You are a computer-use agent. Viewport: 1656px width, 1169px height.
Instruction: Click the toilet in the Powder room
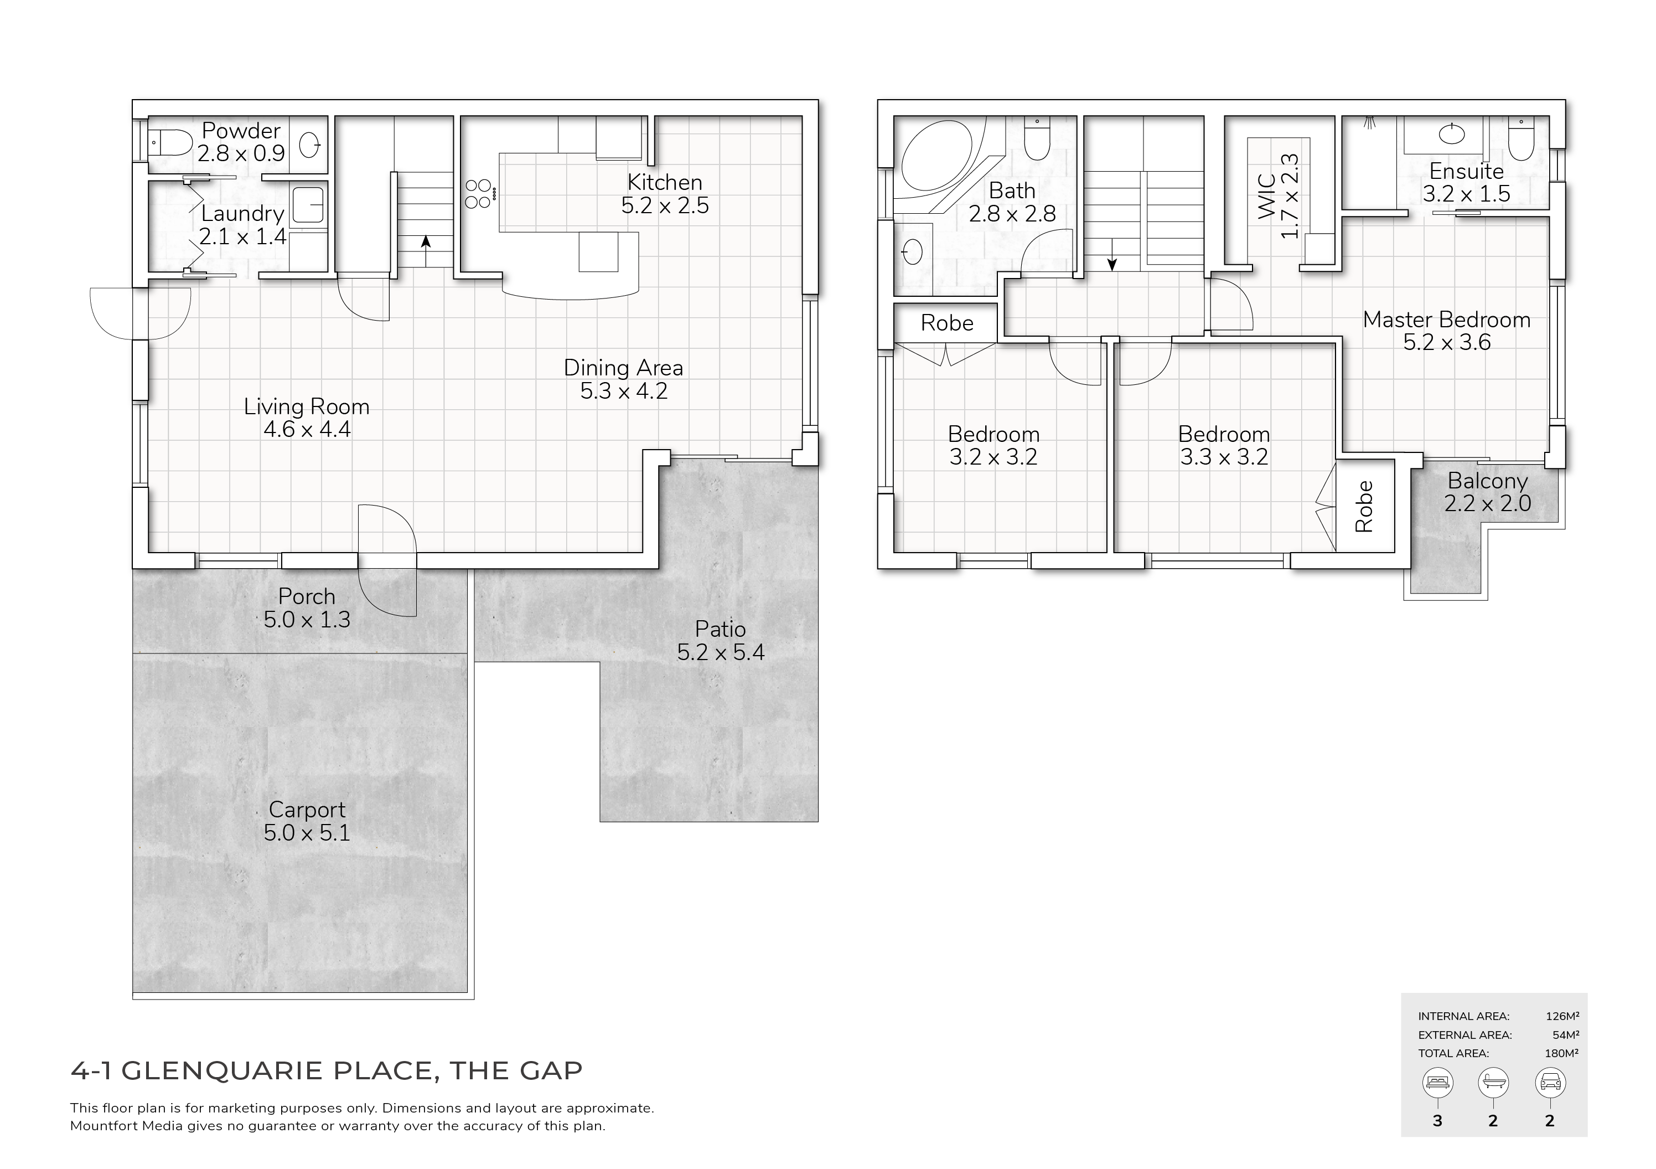click(170, 142)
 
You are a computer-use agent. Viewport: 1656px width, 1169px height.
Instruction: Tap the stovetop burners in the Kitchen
click(479, 193)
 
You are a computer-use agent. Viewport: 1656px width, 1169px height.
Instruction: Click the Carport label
click(307, 810)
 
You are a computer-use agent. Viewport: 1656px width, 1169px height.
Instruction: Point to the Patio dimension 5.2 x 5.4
click(721, 652)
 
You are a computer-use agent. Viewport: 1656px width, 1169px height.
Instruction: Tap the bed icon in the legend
click(1437, 1083)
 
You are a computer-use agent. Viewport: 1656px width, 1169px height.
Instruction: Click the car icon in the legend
click(1550, 1083)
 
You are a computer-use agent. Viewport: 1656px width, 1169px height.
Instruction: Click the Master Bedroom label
click(1446, 320)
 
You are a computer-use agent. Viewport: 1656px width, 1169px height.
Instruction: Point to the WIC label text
click(1268, 196)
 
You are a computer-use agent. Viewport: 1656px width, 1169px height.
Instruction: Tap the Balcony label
click(1487, 481)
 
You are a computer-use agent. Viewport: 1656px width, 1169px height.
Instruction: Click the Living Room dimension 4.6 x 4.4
click(307, 429)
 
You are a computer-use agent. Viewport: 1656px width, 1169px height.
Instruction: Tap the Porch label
click(307, 597)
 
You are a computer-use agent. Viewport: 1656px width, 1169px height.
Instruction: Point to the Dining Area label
click(623, 368)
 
